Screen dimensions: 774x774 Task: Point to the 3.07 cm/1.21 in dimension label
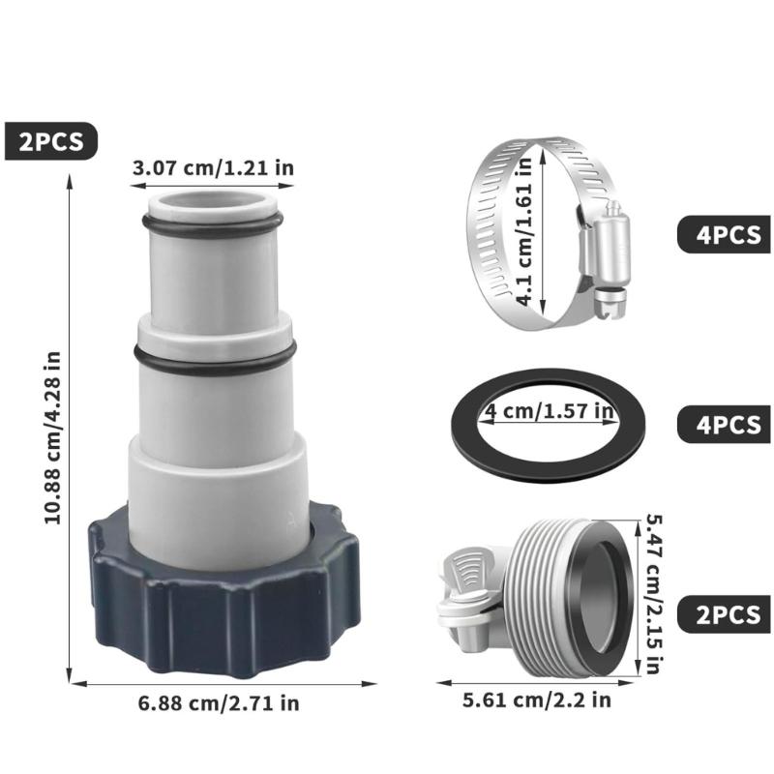tap(213, 168)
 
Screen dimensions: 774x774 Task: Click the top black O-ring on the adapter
tap(212, 224)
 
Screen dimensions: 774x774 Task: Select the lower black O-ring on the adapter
tap(212, 359)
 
